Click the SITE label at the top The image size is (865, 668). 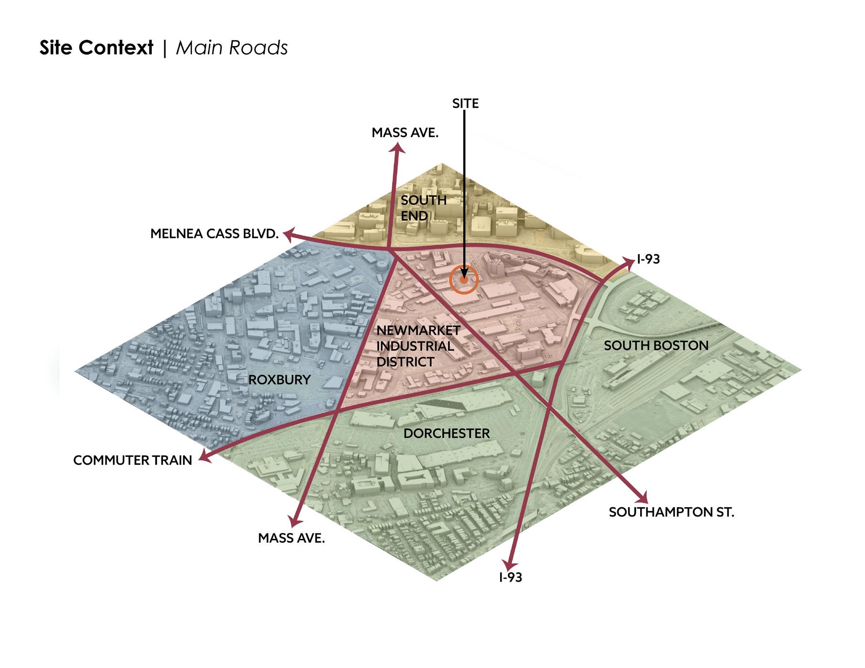click(465, 104)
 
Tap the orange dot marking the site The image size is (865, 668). click(464, 280)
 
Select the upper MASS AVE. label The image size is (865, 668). click(405, 133)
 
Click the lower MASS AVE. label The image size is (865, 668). click(291, 538)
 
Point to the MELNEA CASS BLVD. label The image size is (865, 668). click(214, 234)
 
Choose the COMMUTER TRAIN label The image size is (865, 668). click(132, 460)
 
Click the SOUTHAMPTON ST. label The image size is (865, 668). click(671, 512)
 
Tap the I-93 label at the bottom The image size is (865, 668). click(510, 577)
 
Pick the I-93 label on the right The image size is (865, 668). click(648, 259)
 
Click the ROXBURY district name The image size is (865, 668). click(279, 380)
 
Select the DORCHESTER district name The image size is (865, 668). click(446, 433)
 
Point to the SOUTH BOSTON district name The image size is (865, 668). click(656, 346)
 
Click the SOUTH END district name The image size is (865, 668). click(423, 208)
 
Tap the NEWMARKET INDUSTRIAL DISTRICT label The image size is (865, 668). click(418, 346)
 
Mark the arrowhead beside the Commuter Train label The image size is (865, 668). click(205, 456)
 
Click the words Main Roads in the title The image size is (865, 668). click(232, 48)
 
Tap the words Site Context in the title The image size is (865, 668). click(96, 48)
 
